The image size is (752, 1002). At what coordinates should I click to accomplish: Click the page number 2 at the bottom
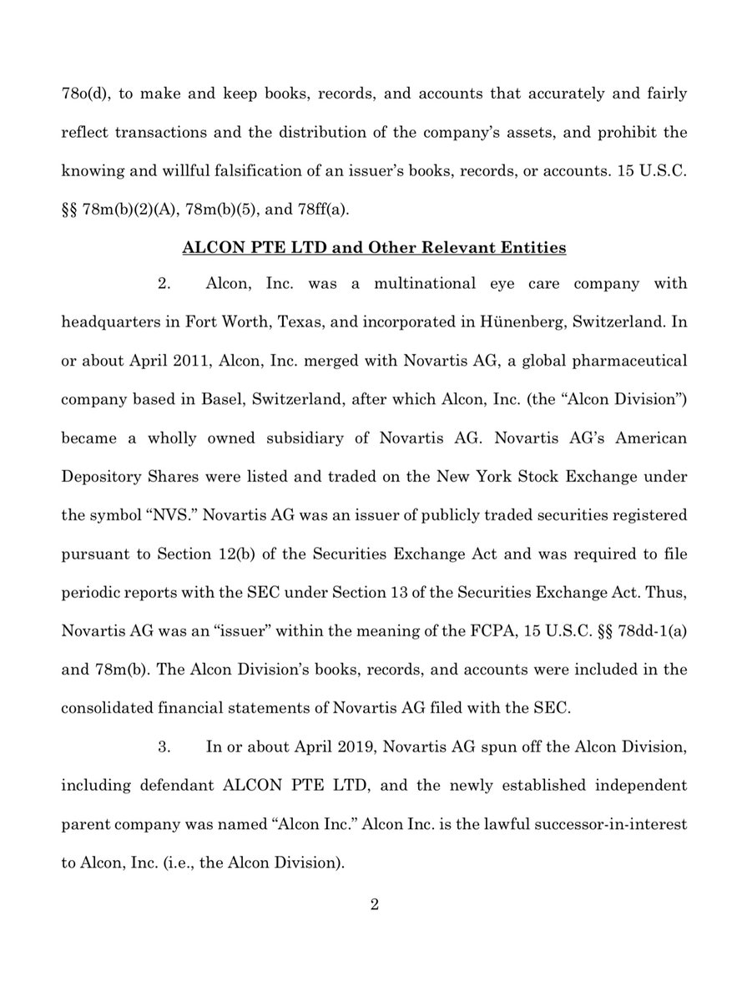point(376,906)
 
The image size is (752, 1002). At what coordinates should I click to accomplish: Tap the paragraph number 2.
point(164,284)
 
